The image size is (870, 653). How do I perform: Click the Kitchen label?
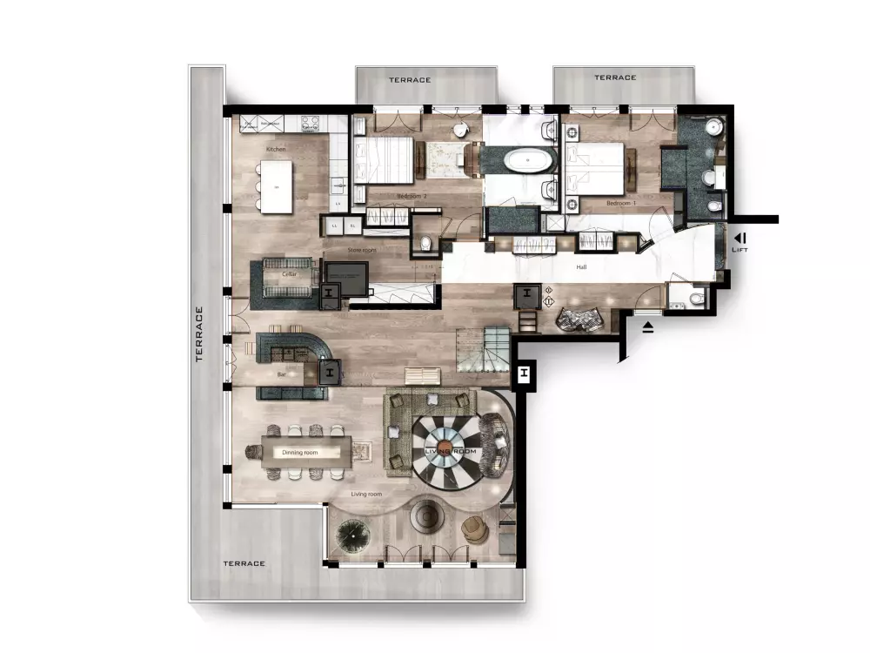[x=276, y=150]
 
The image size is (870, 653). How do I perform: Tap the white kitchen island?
[x=276, y=187]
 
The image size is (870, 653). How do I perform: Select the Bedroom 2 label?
[x=412, y=197]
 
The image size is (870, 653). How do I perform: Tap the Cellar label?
[x=290, y=274]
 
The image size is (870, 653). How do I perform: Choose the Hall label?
[x=582, y=267]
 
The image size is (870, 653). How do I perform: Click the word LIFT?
[x=740, y=250]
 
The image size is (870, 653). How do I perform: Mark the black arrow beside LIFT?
[x=739, y=237]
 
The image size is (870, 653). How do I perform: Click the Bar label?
[x=281, y=374]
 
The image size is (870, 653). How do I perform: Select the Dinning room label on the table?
[x=300, y=453]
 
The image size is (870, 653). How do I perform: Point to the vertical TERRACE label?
[x=199, y=333]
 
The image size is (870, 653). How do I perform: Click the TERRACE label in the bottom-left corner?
[x=244, y=563]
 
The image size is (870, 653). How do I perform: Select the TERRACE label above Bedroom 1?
[x=615, y=77]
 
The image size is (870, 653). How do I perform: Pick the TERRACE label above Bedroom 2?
[x=410, y=80]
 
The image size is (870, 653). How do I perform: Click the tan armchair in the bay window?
[x=473, y=528]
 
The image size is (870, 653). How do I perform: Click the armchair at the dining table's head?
[x=255, y=451]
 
